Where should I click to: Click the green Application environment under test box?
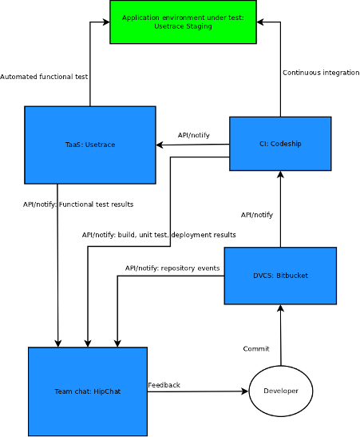pos(183,22)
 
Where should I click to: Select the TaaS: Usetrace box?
pos(90,145)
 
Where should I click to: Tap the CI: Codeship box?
pos(280,144)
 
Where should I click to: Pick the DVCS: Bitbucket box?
pos(280,276)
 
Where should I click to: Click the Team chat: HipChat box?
pos(88,391)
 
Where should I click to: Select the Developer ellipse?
pos(281,391)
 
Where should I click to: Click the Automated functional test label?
pos(44,77)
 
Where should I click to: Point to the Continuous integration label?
pos(321,73)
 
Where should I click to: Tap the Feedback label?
pos(164,385)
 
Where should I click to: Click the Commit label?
pos(256,348)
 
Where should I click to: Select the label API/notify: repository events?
pos(172,268)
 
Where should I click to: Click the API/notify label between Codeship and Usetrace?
pos(194,135)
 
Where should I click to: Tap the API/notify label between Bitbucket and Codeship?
pos(257,215)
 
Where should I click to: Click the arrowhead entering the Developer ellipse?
pos(245,391)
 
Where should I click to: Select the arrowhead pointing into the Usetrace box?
pos(160,145)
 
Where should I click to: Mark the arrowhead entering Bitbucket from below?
pos(281,308)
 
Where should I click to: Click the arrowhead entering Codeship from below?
pos(281,174)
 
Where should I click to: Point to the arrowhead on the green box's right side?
pos(260,22)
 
